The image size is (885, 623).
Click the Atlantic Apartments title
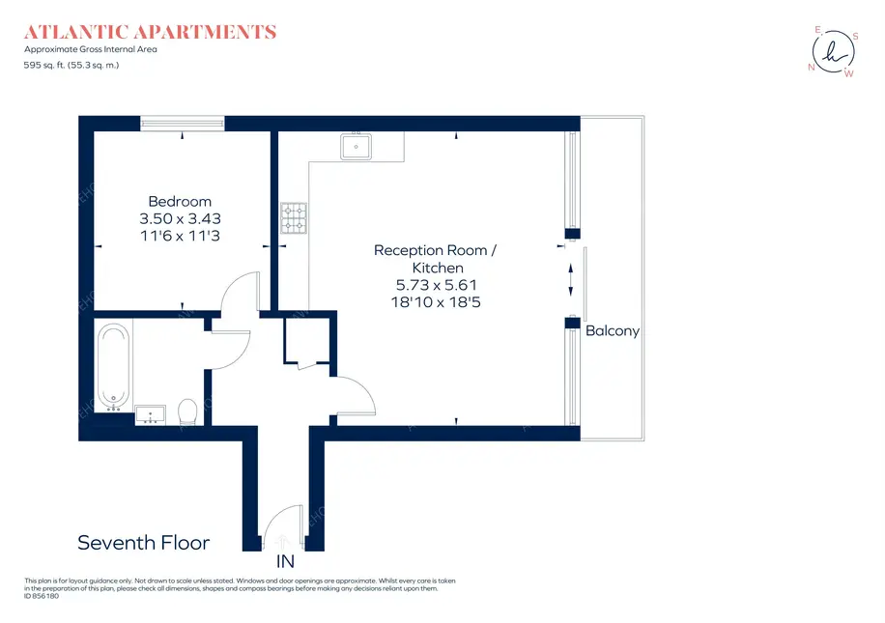pyautogui.click(x=150, y=32)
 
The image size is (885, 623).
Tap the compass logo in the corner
pyautogui.click(x=834, y=52)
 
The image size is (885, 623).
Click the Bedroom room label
pyautogui.click(x=180, y=202)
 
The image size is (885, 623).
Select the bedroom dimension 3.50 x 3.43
pyautogui.click(x=180, y=218)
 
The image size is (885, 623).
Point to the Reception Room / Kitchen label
pyautogui.click(x=435, y=259)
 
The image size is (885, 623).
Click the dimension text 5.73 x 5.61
pyautogui.click(x=437, y=285)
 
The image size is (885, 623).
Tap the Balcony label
pyautogui.click(x=613, y=330)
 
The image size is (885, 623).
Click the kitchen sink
pyautogui.click(x=356, y=146)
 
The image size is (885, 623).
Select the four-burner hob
pyautogui.click(x=294, y=218)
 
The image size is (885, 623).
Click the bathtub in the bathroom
pyautogui.click(x=113, y=366)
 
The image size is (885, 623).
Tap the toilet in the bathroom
pyautogui.click(x=187, y=411)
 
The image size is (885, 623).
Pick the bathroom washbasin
pyautogui.click(x=150, y=414)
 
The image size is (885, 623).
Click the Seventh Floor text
pyautogui.click(x=143, y=542)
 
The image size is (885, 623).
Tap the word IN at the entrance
pyautogui.click(x=285, y=561)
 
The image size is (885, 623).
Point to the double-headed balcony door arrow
pyautogui.click(x=571, y=280)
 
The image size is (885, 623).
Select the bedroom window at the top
pyautogui.click(x=182, y=123)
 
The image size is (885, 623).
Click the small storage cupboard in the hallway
pyautogui.click(x=306, y=340)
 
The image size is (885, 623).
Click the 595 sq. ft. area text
pyautogui.click(x=71, y=65)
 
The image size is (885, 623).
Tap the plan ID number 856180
pyautogui.click(x=42, y=596)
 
